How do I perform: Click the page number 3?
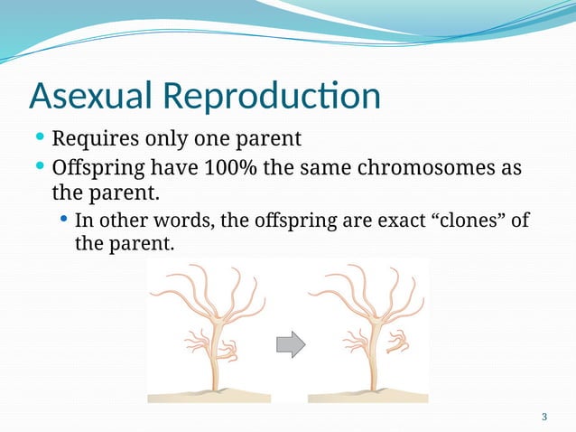point(543,417)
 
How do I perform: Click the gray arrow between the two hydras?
point(290,343)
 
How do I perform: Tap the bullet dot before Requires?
point(40,139)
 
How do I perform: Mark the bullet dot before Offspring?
point(40,168)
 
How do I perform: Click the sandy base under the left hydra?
point(208,396)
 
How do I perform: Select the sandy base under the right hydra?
point(368,396)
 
